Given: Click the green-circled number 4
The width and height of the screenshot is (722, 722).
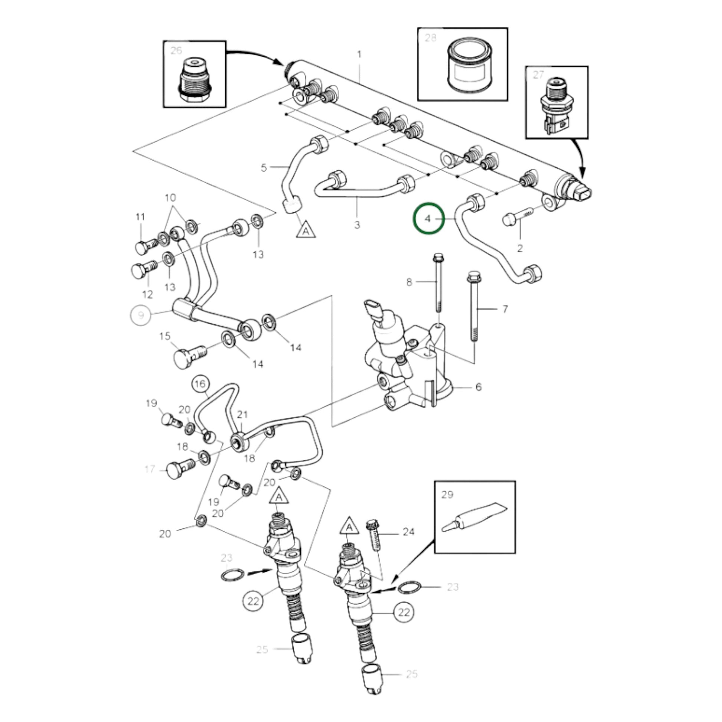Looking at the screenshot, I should click(428, 219).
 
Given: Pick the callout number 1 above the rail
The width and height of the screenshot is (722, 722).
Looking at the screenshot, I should click(359, 55).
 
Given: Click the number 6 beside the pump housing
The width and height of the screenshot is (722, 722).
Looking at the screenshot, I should click(479, 387).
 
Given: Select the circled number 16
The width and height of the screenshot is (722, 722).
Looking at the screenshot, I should click(200, 384).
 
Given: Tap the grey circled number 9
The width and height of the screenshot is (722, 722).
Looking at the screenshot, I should click(141, 315).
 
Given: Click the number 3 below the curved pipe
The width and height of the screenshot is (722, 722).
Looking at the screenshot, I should click(357, 225).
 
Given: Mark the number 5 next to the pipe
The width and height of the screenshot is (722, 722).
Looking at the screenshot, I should click(264, 168).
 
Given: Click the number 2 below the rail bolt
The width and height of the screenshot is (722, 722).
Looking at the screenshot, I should click(520, 248).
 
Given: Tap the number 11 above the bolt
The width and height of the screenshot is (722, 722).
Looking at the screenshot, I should click(140, 217).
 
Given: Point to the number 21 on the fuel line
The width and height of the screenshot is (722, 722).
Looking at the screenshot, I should click(243, 414).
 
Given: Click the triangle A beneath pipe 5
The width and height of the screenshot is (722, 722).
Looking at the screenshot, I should click(306, 230).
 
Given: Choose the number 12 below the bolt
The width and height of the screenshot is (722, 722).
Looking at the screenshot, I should click(148, 294).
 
